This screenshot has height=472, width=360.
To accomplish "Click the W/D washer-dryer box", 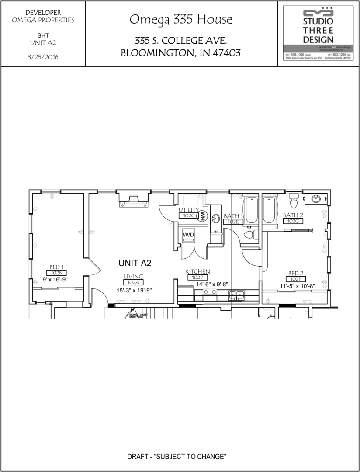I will [x=188, y=235].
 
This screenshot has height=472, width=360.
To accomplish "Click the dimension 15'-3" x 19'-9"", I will [x=134, y=290].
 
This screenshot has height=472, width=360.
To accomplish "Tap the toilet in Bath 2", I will [x=294, y=201].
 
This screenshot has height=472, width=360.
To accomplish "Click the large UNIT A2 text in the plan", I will [x=135, y=263].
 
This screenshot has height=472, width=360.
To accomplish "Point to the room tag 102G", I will [x=292, y=221].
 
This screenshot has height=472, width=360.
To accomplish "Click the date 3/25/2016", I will [x=43, y=57].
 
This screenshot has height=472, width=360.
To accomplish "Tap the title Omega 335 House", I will [x=181, y=20].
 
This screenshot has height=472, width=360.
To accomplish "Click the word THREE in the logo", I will [x=318, y=30].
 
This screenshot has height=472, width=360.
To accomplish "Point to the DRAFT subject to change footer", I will [x=177, y=457].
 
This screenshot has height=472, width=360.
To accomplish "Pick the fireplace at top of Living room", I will [x=133, y=199].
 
